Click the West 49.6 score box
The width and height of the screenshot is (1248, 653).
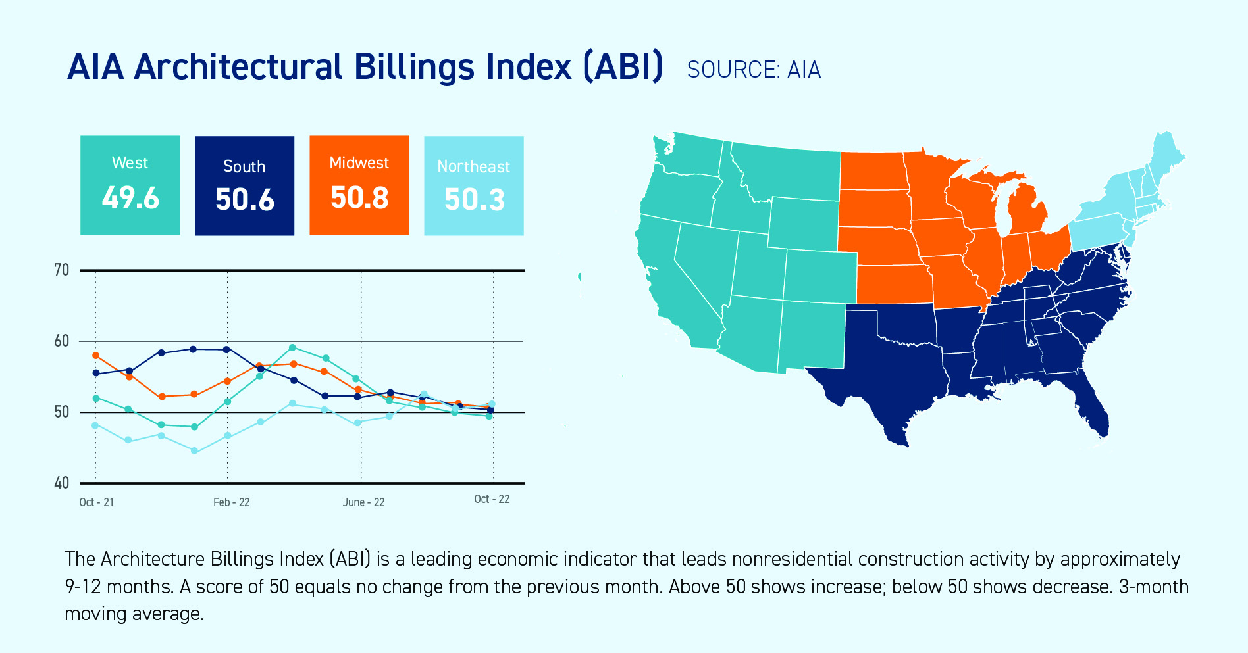[x=130, y=185]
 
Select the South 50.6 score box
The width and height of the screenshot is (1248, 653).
[x=244, y=186]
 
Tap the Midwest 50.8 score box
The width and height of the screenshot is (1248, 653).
[x=359, y=185]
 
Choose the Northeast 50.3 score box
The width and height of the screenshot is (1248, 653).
[x=474, y=186]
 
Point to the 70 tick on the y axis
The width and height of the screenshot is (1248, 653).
[x=61, y=270]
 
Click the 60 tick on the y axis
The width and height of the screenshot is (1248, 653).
[x=61, y=341]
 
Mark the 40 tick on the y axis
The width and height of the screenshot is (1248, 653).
[x=61, y=483]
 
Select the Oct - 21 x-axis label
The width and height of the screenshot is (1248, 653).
[x=97, y=502]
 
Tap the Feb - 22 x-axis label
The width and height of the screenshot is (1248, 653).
[x=231, y=502]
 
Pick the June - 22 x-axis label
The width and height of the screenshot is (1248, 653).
[x=363, y=502]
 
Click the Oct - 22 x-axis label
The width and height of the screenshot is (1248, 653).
[x=492, y=500]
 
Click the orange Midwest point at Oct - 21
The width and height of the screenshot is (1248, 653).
[x=96, y=356]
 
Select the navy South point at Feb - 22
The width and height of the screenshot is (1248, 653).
[x=226, y=350]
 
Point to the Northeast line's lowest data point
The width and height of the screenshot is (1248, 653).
[x=194, y=451]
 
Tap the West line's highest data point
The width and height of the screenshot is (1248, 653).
[x=292, y=347]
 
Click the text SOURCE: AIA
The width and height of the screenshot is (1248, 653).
[x=754, y=70]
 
